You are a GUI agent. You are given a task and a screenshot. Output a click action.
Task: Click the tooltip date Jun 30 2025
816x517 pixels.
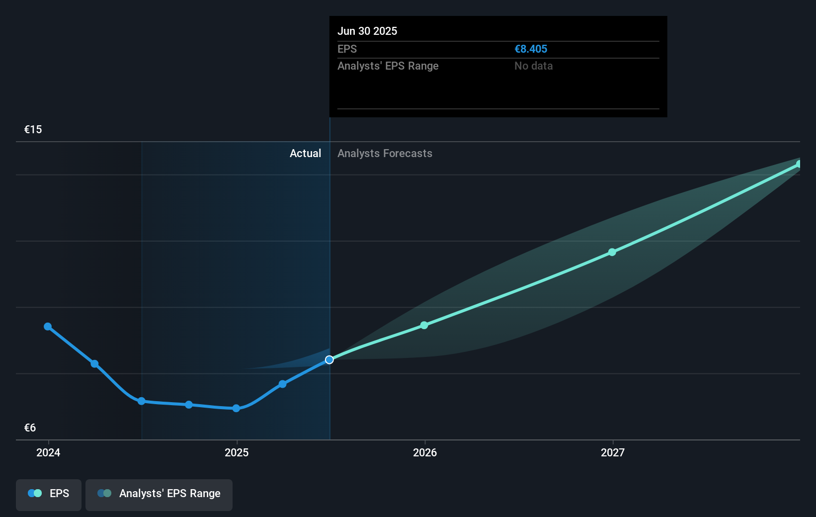coord(367,31)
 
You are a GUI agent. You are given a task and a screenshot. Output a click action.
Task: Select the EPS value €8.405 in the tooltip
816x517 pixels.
coord(530,49)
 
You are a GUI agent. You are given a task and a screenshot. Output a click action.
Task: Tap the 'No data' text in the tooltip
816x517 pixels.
coord(533,66)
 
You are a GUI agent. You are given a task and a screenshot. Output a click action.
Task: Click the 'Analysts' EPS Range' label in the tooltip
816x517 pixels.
coord(388,66)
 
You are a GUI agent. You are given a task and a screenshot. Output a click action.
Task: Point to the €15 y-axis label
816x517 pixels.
coord(33,129)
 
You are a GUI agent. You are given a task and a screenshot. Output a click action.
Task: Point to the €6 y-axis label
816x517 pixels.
coord(30,428)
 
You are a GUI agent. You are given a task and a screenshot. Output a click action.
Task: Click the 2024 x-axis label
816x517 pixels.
coord(48,452)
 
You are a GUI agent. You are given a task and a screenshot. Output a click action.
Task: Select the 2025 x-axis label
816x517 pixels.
coord(237,452)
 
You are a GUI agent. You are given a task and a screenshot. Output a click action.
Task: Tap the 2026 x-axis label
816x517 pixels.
coord(425,452)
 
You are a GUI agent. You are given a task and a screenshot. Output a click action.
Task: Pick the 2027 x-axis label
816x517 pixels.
coord(613,452)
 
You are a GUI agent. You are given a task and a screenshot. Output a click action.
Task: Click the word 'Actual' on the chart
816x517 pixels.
coord(305,153)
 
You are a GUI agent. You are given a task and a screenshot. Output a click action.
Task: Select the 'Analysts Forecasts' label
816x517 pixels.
coord(385,153)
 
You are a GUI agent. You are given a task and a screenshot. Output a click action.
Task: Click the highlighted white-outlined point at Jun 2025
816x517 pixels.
coord(329,359)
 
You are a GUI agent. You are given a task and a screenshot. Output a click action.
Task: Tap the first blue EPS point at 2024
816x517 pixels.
coord(48,327)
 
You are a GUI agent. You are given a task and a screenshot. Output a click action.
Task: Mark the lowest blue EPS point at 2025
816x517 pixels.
coord(237,408)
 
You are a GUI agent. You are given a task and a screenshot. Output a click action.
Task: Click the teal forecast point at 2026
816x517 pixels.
coord(424,325)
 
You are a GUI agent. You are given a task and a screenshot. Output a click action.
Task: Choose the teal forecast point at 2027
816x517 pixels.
coord(612,252)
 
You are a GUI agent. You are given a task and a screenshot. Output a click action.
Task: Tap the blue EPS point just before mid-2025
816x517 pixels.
coord(282,384)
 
